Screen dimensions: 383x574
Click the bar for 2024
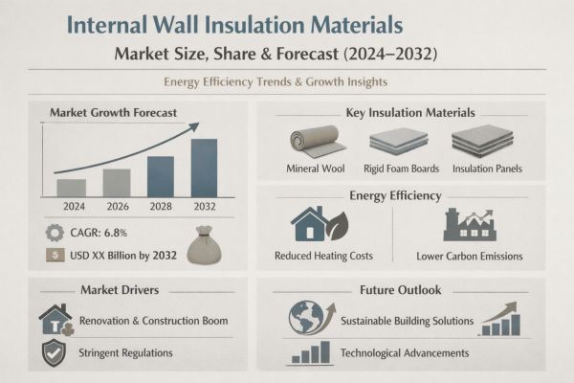click(72, 187)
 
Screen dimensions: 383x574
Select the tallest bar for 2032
click(204, 169)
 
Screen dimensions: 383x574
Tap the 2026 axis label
click(116, 206)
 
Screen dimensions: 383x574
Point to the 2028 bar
click(160, 176)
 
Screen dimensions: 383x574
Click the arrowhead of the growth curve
click(193, 125)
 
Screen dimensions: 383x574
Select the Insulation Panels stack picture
click(482, 141)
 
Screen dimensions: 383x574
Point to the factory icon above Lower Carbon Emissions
click(468, 225)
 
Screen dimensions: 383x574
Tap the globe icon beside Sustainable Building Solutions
click(306, 318)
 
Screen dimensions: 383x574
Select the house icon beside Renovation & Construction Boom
click(54, 319)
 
